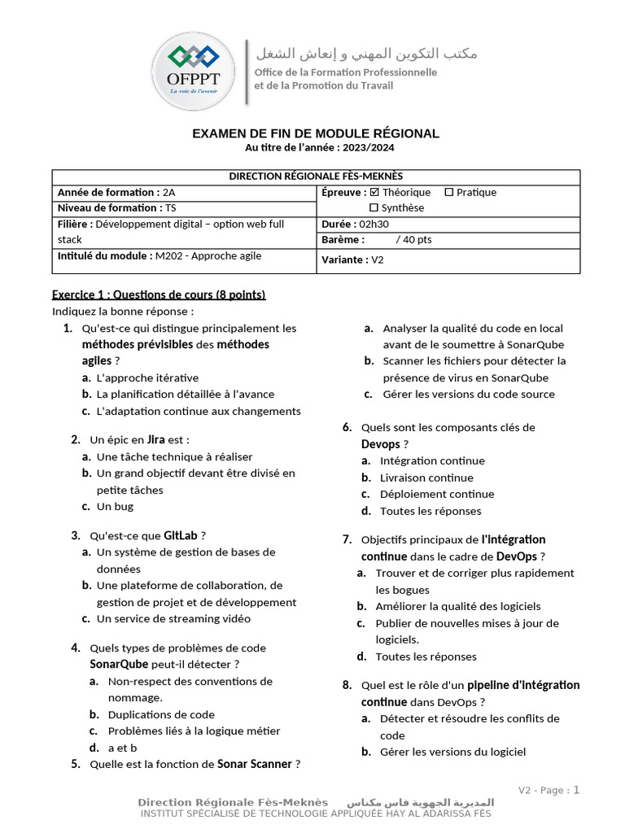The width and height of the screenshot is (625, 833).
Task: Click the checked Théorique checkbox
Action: [x=374, y=193]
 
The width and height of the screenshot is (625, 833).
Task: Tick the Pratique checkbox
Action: [x=448, y=193]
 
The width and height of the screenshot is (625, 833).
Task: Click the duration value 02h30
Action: [x=374, y=224]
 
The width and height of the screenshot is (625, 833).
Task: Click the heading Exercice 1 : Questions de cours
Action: [x=159, y=294]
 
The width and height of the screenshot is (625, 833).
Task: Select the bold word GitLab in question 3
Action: [x=181, y=535]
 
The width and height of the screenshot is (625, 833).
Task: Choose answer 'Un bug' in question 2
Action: [x=115, y=506]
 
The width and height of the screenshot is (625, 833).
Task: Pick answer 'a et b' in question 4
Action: [x=122, y=748]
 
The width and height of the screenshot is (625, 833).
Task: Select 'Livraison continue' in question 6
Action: [x=426, y=478]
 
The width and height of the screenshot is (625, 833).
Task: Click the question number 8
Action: [x=347, y=685]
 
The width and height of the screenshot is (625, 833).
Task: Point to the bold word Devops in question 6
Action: [x=381, y=444]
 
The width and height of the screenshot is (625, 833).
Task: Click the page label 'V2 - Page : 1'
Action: [x=549, y=790]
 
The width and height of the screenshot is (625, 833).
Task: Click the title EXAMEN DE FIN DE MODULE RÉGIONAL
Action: [x=315, y=133]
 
